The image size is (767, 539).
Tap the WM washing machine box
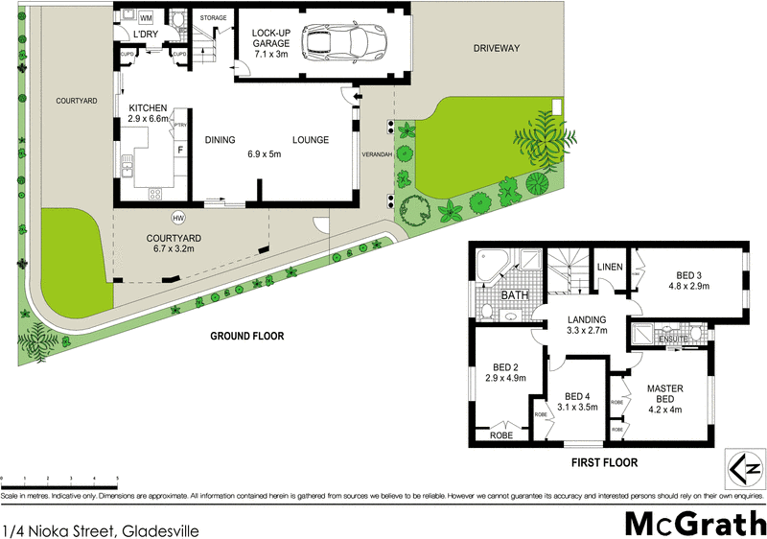pos(146,18)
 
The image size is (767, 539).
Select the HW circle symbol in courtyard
pos(177,217)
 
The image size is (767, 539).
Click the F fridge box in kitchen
pos(179,150)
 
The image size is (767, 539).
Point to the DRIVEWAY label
pos(495,47)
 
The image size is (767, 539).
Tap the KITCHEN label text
pos(148,107)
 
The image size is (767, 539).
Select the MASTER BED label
pos(664,394)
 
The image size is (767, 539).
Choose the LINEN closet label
pos(610,268)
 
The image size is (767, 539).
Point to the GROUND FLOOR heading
pos(248,336)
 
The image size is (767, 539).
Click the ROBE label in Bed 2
pos(502,435)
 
